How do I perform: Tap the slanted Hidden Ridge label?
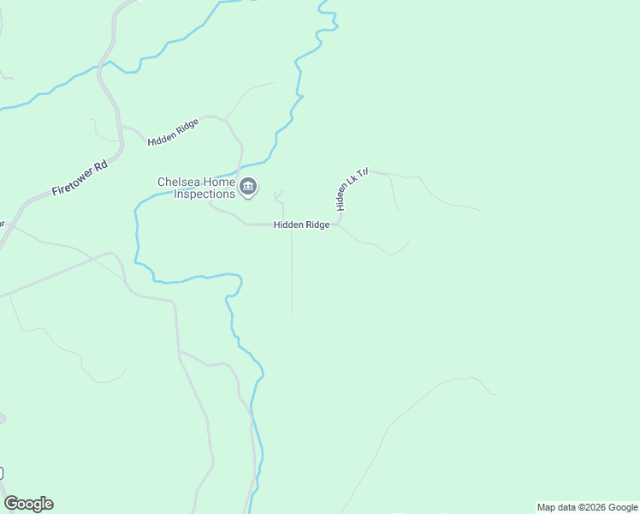[x=173, y=132]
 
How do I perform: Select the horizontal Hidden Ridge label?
[x=301, y=224]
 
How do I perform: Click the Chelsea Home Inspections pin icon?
[x=248, y=187]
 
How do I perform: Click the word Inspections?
[x=204, y=194]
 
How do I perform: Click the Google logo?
[x=28, y=504]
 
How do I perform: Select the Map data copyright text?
[x=587, y=507]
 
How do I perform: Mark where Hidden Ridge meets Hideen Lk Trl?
[x=340, y=224]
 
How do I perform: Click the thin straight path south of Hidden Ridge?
[x=292, y=274]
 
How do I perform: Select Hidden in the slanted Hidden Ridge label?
[x=163, y=137]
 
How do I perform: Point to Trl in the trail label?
[x=362, y=173]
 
